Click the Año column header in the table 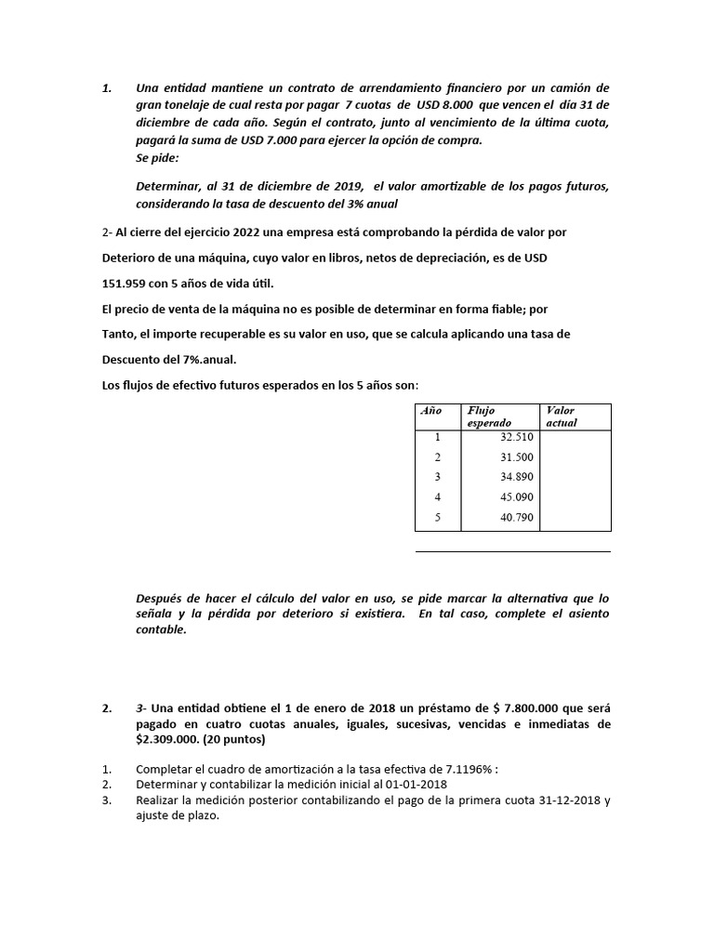[431, 410]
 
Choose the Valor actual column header [562, 416]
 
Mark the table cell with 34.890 [516, 476]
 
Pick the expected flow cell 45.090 [516, 496]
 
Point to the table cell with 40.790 [516, 517]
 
